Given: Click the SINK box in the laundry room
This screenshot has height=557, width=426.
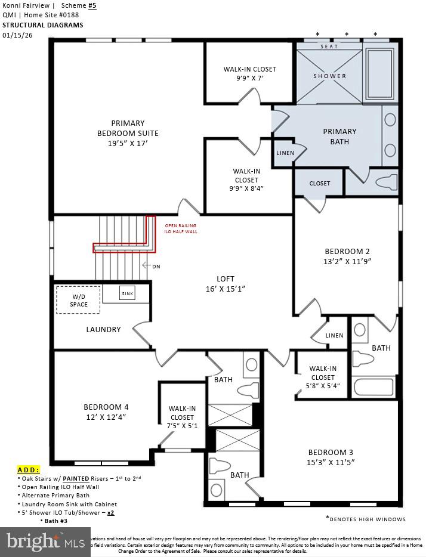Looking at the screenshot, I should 127,294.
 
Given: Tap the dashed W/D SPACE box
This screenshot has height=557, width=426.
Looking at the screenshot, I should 78,300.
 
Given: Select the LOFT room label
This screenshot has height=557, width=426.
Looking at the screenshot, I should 225,279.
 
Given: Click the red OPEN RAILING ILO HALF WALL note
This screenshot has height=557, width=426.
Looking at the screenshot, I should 181,228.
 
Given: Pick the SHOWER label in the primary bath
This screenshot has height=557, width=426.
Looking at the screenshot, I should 329,76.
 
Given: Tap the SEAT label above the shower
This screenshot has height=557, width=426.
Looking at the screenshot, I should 329,47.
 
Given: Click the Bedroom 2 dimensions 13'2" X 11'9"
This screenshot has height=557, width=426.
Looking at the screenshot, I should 348,261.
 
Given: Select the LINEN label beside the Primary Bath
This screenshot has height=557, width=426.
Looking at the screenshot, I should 285,153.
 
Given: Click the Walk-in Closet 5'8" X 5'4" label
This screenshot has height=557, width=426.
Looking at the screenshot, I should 322,377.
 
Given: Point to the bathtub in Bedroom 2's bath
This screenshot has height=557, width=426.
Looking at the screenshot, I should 374,387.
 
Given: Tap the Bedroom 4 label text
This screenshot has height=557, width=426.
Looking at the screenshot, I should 106,407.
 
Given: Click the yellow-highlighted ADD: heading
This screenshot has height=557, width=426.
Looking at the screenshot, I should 29,469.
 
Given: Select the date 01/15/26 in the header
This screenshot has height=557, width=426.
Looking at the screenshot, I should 18,35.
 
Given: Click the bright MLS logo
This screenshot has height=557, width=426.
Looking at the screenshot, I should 45,541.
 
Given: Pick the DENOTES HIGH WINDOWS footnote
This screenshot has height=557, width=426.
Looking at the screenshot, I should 365,519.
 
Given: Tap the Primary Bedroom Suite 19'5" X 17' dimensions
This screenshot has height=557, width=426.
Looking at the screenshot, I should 127,143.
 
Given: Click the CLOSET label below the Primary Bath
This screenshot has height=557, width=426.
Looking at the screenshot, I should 319,183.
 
